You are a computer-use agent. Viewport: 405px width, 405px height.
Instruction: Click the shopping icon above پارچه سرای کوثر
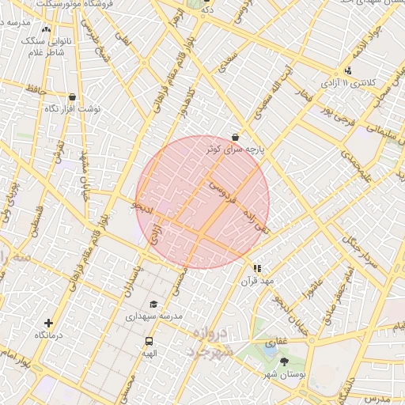(x=235, y=137)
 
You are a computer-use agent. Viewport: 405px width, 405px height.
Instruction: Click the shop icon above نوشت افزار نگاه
(x=73, y=97)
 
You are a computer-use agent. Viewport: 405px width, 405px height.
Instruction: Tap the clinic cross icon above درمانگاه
(x=49, y=323)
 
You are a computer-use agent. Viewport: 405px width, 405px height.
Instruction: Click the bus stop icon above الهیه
(x=150, y=342)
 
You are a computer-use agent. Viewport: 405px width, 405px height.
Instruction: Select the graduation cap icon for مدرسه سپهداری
(x=153, y=304)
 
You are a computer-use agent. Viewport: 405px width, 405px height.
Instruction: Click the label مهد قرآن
(x=258, y=281)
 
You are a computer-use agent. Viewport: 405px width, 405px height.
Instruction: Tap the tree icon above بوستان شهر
(x=285, y=362)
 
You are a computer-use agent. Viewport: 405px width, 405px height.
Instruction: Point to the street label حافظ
(x=36, y=92)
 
